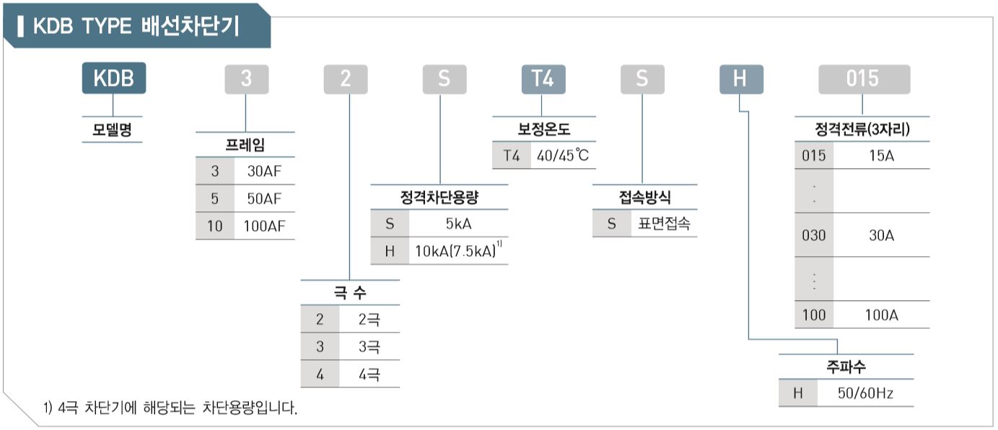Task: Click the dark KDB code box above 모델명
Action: [x=114, y=78]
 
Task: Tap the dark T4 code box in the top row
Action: [x=543, y=78]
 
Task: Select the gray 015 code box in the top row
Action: [x=863, y=78]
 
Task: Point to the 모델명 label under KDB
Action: [x=112, y=131]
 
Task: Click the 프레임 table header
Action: [x=245, y=144]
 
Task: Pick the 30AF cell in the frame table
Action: [x=264, y=171]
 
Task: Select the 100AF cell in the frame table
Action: [x=264, y=226]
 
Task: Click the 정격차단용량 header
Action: [x=439, y=197]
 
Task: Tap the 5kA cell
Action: [x=458, y=224]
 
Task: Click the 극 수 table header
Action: [x=350, y=293]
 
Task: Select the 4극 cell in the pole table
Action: [x=369, y=374]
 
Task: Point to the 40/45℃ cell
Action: [x=564, y=156]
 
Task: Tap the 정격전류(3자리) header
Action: [x=862, y=131]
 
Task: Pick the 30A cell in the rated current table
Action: [x=881, y=235]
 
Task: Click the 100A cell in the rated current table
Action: [x=881, y=315]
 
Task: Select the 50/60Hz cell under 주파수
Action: [x=865, y=394]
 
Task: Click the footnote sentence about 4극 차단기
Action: [x=170, y=408]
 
